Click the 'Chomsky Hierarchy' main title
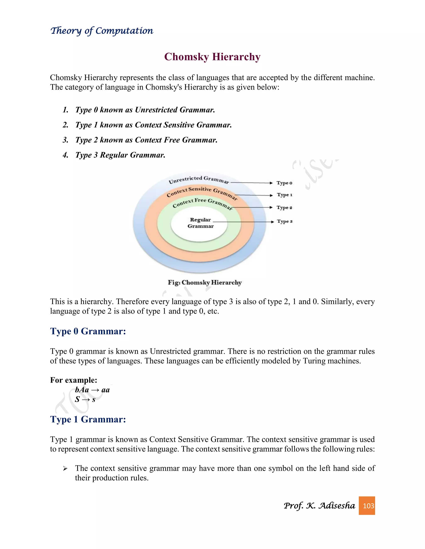coord(212,57)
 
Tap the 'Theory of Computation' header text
coord(102,31)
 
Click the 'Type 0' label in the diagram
coord(284,183)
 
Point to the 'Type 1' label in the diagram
coord(285,195)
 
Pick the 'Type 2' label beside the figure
coord(284,208)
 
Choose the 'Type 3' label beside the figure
coord(285,221)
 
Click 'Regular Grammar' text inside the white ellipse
coord(200,223)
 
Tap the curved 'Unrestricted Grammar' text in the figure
coord(199,179)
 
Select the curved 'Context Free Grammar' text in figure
coord(202,203)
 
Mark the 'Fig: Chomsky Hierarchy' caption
coord(205,283)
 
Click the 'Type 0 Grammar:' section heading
coord(88,331)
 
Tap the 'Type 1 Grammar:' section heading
coord(88,420)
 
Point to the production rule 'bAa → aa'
coord(92,390)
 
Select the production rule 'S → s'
coord(85,399)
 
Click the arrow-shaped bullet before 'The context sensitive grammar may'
coord(65,469)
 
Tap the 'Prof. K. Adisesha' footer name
coord(319,505)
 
